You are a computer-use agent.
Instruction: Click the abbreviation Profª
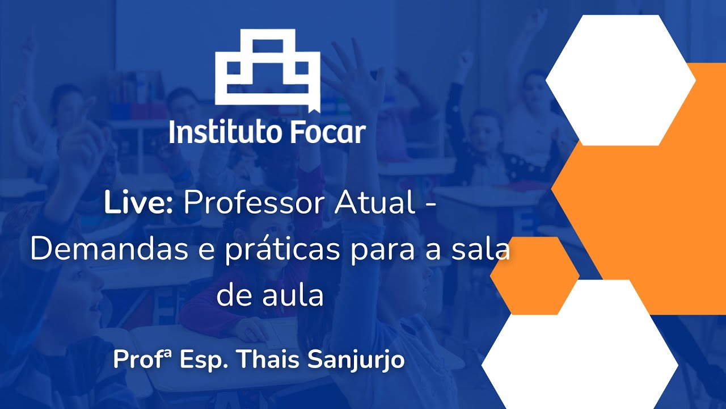142,360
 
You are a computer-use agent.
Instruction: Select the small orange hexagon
534,276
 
